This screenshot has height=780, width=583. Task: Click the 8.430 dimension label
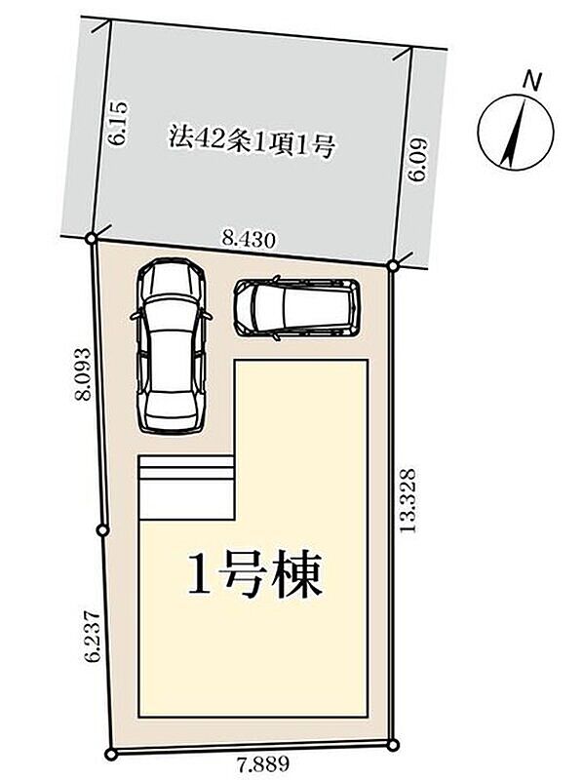point(249,240)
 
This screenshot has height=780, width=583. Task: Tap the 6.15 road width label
point(119,124)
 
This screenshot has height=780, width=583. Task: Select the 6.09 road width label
point(417,160)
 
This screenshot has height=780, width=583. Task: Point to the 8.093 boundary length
point(82,374)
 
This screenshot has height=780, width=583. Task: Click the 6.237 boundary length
point(93,636)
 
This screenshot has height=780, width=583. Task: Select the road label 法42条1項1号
point(253,141)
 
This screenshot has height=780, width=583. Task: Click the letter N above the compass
point(532,81)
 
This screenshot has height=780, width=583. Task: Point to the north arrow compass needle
point(516,133)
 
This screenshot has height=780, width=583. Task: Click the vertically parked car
point(171,346)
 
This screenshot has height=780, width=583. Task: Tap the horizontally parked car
point(297,308)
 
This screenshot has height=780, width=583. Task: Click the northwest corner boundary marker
point(91,239)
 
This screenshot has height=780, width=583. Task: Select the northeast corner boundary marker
point(393,266)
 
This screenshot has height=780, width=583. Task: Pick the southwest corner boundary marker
point(112,755)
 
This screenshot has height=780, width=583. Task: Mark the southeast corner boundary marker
point(393,745)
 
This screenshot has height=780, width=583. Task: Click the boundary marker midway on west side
point(103,530)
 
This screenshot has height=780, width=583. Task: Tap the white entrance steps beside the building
point(186,487)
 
